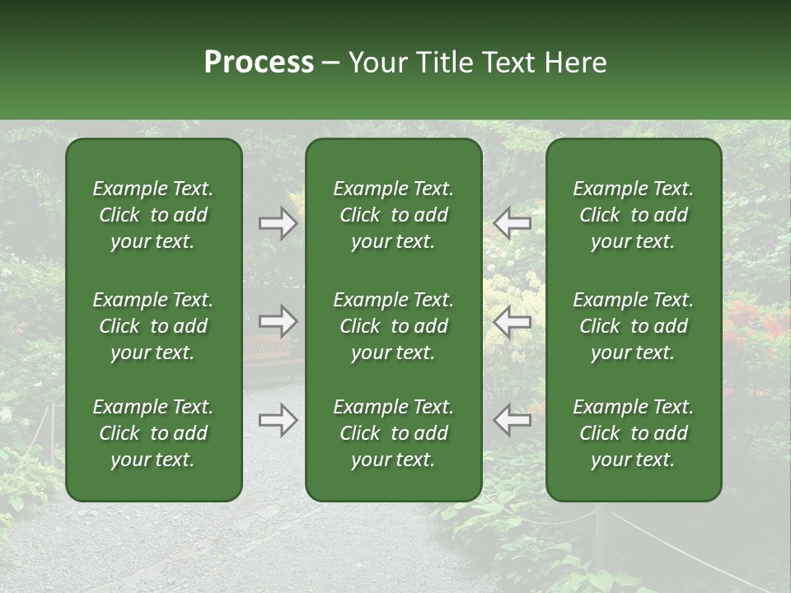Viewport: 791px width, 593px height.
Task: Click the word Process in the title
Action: tap(259, 63)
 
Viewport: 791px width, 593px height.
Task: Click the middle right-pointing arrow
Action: tap(278, 320)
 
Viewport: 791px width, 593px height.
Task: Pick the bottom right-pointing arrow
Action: tap(278, 420)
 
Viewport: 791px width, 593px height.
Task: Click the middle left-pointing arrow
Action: tap(513, 320)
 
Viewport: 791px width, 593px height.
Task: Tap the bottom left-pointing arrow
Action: tap(513, 420)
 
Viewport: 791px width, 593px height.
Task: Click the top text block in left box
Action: tap(153, 215)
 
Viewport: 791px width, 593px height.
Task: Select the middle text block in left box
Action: tap(153, 326)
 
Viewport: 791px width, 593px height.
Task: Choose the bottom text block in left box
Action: tap(153, 433)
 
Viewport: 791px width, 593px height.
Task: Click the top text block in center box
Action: tap(394, 215)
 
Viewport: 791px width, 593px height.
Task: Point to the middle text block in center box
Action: tap(394, 326)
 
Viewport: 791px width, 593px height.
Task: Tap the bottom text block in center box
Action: tap(394, 433)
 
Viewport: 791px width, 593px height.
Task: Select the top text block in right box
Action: tap(634, 215)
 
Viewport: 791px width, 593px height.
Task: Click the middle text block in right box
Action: tap(634, 326)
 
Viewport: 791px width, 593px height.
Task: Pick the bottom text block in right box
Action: tap(634, 433)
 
